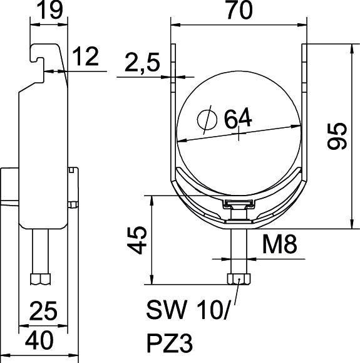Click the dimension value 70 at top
pyautogui.click(x=239, y=12)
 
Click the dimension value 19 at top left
pyautogui.click(x=48, y=12)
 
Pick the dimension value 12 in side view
pyautogui.click(x=87, y=58)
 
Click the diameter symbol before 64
pyautogui.click(x=205, y=117)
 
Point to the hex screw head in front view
pyautogui.click(x=239, y=278)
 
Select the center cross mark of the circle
pyautogui.click(x=239, y=134)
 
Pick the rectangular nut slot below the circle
pyautogui.click(x=238, y=204)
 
